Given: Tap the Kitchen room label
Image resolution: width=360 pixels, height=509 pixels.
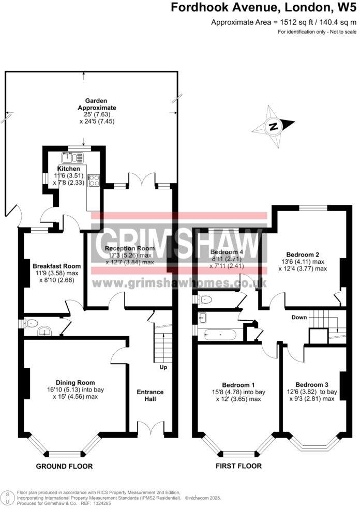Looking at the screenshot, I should click(69, 169).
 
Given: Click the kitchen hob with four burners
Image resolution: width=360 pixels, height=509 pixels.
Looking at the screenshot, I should click(95, 181).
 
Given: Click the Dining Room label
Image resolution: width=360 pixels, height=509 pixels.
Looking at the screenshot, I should click(75, 382).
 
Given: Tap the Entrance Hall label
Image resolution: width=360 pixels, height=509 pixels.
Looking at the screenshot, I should click(150, 396).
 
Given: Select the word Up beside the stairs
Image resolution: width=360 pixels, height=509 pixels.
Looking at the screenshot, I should click(163, 367).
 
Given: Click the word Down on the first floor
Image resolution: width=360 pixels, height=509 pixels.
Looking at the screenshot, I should click(299, 317).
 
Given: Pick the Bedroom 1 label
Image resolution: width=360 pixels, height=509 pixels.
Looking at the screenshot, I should click(238, 385).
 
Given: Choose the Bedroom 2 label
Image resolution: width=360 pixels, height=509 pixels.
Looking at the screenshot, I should click(303, 254).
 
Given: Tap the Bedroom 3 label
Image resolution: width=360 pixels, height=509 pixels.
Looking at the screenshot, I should click(312, 384).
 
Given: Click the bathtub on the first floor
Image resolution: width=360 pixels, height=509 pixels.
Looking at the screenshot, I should click(217, 335).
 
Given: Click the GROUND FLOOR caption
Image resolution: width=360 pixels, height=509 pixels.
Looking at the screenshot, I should click(64, 466).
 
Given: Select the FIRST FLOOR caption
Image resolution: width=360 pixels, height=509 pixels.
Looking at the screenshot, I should click(238, 466).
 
